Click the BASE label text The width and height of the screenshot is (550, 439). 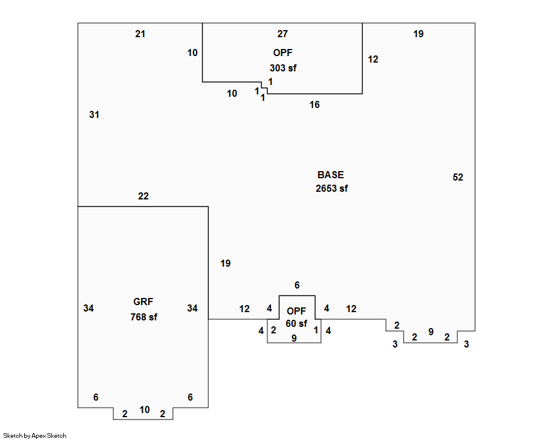point(330,175)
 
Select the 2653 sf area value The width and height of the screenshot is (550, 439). point(332,189)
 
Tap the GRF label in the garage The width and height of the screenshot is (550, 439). point(143,302)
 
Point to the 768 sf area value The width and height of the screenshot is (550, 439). point(143,317)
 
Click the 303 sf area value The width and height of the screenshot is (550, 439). point(283,68)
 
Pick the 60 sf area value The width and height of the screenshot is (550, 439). point(296,323)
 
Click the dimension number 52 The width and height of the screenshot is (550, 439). point(458,177)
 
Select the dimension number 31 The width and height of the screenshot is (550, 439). point(94,115)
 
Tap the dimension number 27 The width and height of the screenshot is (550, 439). point(283,34)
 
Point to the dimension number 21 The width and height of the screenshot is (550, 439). point(140,34)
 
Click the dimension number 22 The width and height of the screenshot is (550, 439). point(143,196)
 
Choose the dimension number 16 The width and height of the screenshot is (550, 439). point(315,104)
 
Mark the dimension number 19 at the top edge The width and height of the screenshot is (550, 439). point(418,34)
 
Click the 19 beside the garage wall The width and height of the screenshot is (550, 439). point(225,263)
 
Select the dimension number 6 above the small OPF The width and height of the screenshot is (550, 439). point(297,285)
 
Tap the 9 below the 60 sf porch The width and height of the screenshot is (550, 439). point(294,338)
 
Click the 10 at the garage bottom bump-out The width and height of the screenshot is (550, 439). point(145,409)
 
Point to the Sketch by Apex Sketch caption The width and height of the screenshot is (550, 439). point(35,435)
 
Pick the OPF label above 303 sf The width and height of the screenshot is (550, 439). point(283,53)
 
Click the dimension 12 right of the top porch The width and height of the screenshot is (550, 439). point(373,59)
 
